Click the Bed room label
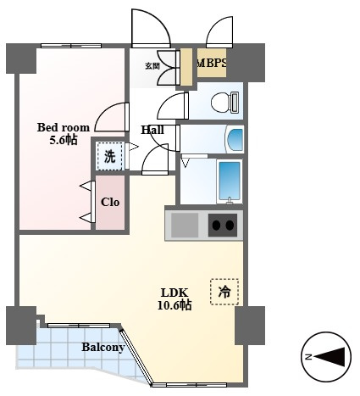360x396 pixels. coord(64,127)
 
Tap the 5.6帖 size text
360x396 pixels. coord(64,140)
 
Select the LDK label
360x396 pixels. coord(174,293)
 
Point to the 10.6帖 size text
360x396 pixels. coord(174,305)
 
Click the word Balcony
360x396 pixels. coord(103,347)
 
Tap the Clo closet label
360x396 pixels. coord(110,202)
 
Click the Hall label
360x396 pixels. coord(152,130)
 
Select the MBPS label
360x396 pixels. coord(212,63)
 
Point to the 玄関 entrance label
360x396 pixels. coord(152,66)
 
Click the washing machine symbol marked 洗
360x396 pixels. coord(110,156)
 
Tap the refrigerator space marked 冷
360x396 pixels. coord(224,292)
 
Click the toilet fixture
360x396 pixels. coord(224,102)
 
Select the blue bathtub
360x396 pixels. coord(230,181)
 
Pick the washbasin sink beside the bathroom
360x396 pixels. coord(235,139)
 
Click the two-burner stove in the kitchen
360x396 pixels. coord(223,226)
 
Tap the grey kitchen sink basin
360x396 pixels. coord(185,226)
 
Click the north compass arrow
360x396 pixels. coord(330,357)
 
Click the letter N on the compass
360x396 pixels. coord(308,357)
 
